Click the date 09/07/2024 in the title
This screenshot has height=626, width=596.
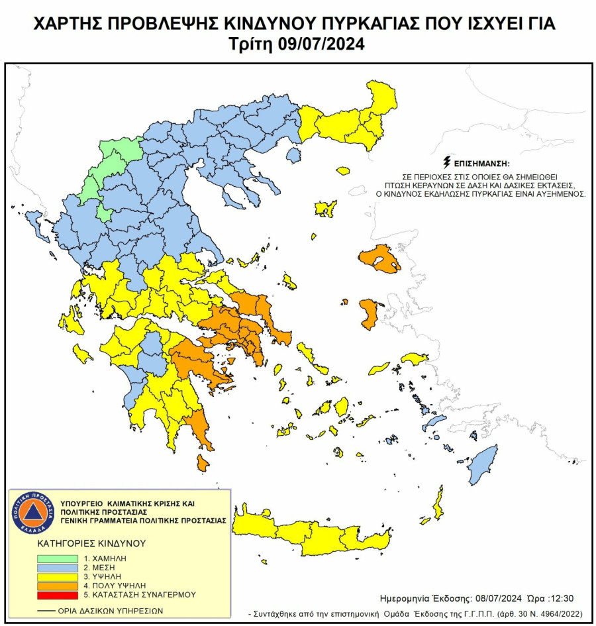[x=323, y=45]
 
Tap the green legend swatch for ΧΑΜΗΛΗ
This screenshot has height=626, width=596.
[x=58, y=558]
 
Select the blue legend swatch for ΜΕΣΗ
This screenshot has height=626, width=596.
[x=58, y=568]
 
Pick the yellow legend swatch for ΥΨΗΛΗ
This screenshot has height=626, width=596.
[x=58, y=577]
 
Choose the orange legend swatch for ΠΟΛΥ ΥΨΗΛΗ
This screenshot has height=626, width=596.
[x=58, y=586]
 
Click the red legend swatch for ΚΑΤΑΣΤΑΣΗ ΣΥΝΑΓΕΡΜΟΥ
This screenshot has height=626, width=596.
[x=58, y=596]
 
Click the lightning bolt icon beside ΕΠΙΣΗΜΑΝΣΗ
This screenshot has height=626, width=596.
[x=447, y=162]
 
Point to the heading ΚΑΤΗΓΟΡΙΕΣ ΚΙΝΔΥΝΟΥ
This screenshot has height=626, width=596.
[x=91, y=543]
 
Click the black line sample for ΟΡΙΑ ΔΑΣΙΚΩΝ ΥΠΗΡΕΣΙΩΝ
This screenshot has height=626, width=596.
[x=46, y=611]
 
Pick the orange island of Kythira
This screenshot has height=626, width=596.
[x=203, y=462]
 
